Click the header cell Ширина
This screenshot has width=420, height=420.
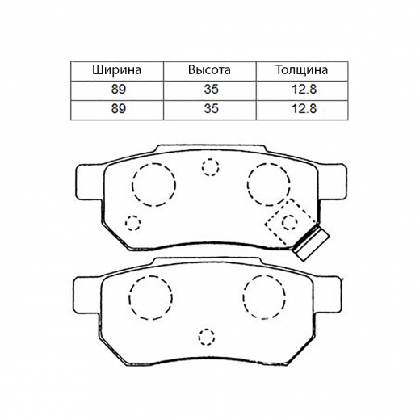(x=116, y=70)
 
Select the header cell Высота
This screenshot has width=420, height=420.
(x=209, y=70)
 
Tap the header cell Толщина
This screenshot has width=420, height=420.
(x=301, y=70)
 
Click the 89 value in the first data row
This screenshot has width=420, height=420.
(x=119, y=90)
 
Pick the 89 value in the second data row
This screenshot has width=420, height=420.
(x=119, y=109)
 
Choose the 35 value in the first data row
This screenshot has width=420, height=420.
(x=211, y=90)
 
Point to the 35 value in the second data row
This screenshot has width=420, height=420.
(x=211, y=109)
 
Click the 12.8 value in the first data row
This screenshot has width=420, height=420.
(x=304, y=90)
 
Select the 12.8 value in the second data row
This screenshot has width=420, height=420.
(x=304, y=109)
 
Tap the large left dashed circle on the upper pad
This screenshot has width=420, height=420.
(x=132, y=185)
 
